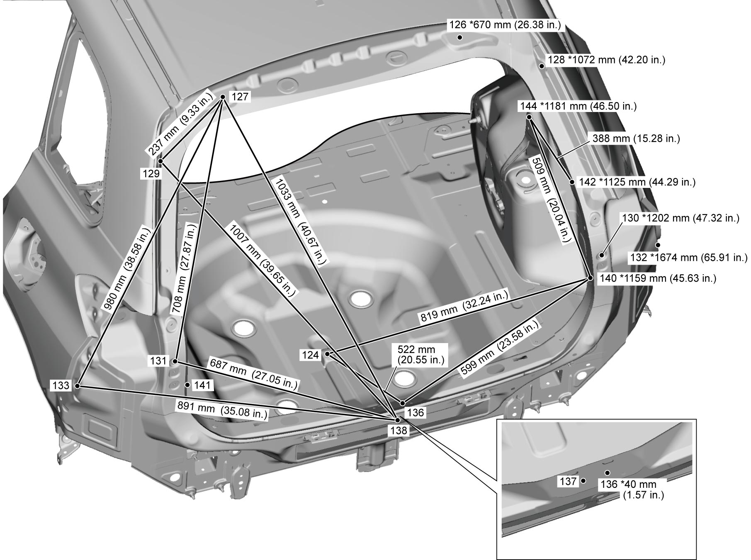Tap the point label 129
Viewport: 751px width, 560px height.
point(151,174)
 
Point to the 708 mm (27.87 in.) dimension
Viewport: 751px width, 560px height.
point(190,268)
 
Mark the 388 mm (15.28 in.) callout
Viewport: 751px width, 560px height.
point(635,139)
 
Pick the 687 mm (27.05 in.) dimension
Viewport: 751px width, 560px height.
point(254,373)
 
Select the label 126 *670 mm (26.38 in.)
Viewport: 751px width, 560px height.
point(505,25)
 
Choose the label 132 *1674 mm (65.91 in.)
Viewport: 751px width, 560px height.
point(688,258)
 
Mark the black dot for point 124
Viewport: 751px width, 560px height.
point(328,354)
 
